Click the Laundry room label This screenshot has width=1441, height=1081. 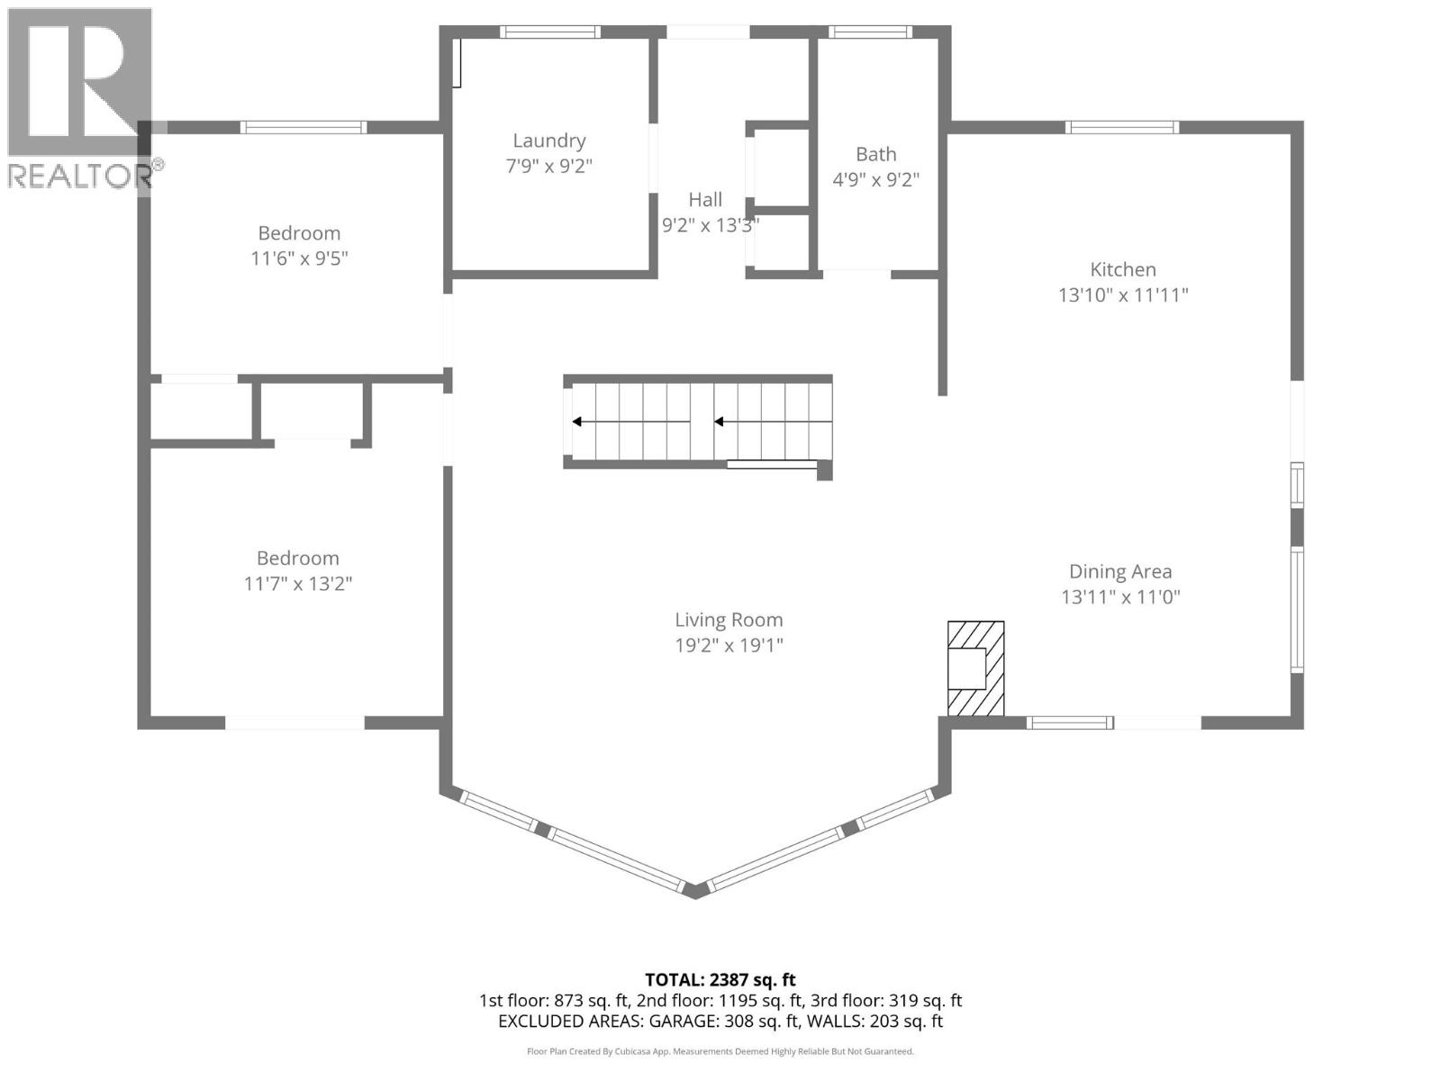548,141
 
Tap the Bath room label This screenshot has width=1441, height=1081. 875,154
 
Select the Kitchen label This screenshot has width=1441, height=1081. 1122,269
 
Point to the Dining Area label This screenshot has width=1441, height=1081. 1120,571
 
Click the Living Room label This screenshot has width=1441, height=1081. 729,620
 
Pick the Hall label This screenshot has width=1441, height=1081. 705,200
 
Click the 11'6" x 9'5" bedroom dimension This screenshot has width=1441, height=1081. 299,259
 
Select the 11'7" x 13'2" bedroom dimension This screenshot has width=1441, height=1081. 298,584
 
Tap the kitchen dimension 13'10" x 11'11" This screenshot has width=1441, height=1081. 1123,295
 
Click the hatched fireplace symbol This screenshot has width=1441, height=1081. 975,668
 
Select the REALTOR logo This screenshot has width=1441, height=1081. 81,99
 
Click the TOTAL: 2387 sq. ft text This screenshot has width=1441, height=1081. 720,979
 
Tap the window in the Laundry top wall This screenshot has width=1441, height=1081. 550,32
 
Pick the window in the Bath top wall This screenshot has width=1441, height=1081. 870,32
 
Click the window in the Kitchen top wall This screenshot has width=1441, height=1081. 1122,127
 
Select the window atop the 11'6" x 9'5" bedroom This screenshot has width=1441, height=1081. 304,127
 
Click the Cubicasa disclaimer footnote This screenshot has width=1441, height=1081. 720,1051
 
